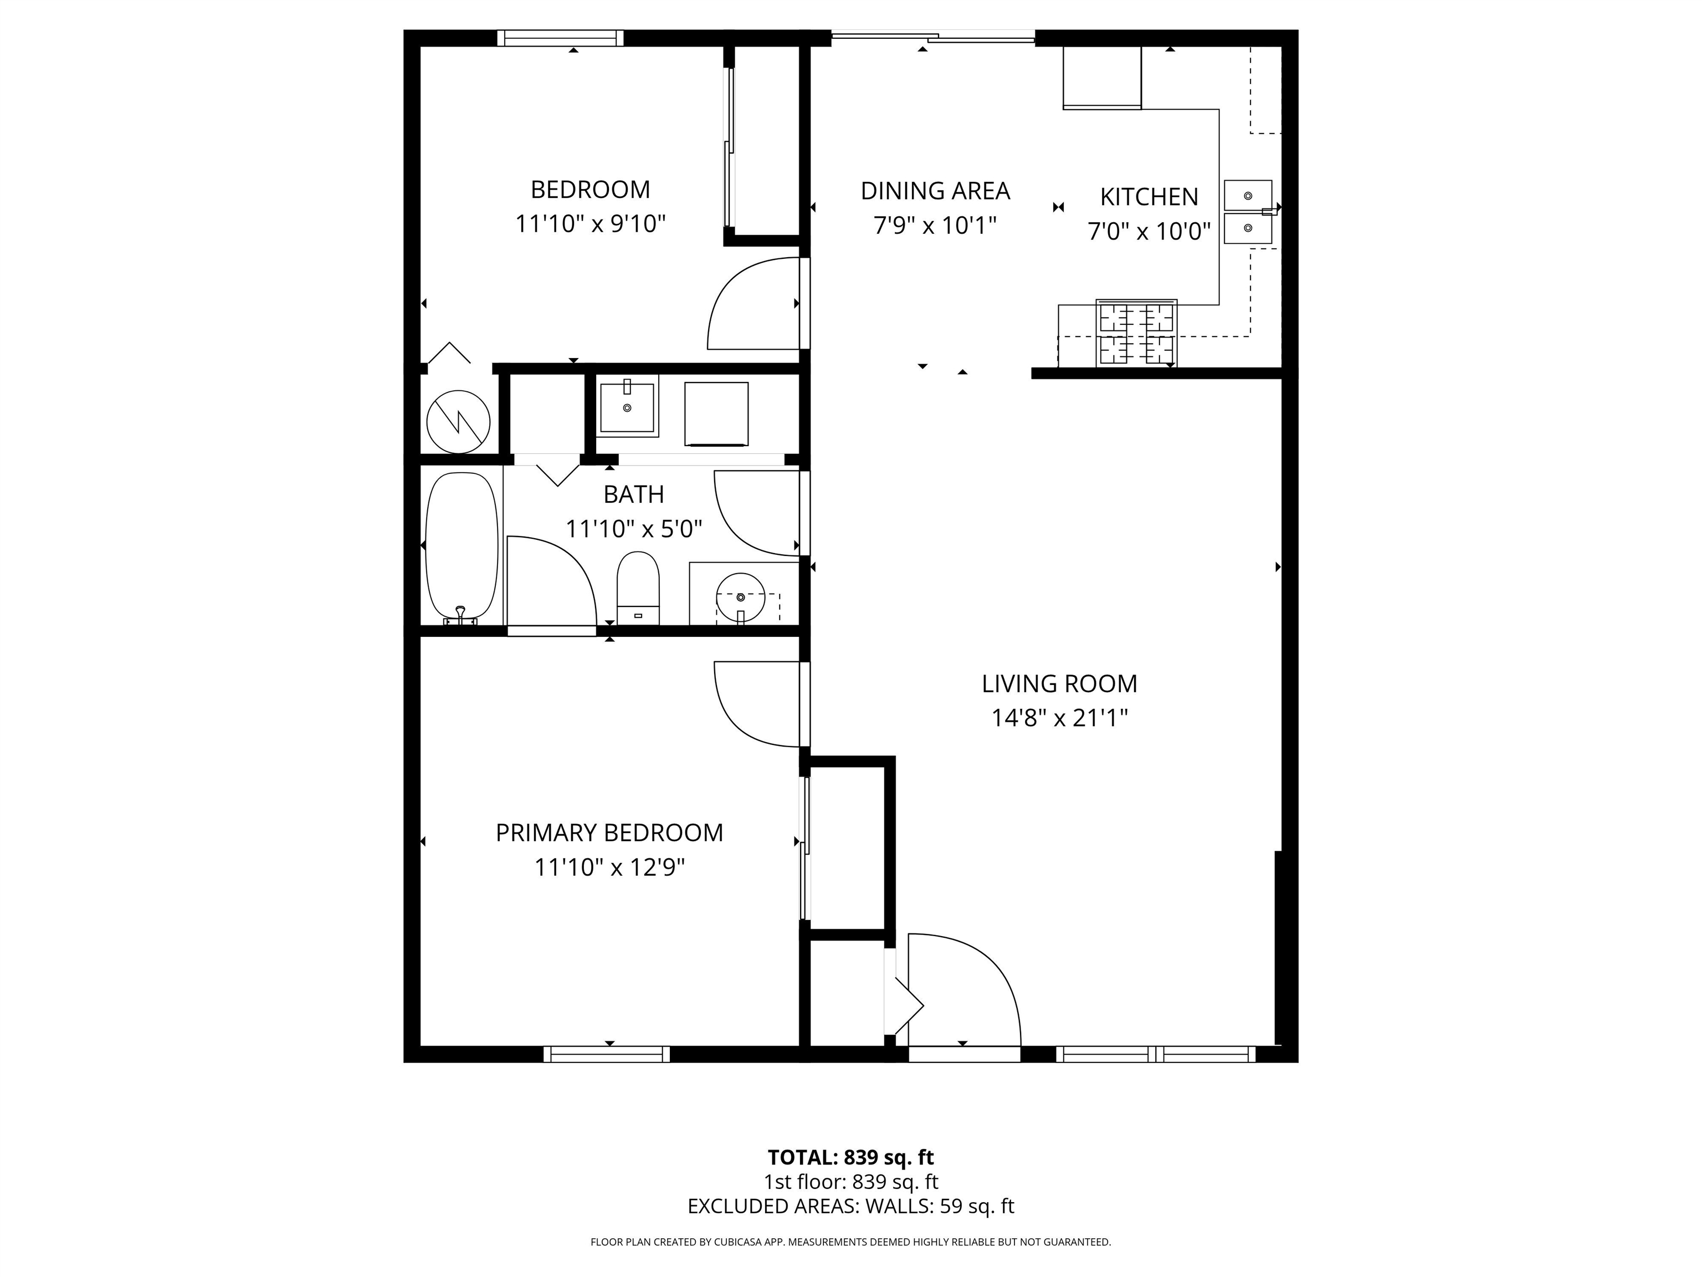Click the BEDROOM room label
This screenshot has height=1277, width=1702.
(x=590, y=190)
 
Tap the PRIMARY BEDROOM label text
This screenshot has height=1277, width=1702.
(x=609, y=833)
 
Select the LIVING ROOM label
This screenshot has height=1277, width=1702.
(x=1059, y=683)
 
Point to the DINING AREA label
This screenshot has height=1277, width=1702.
(x=935, y=191)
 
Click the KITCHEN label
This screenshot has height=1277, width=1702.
(x=1149, y=197)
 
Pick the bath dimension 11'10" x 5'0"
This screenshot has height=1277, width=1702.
(x=634, y=529)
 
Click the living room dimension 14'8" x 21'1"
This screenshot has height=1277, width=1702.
(x=1059, y=718)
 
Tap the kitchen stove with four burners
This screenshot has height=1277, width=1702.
(x=1136, y=333)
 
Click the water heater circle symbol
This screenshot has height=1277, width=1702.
(x=459, y=422)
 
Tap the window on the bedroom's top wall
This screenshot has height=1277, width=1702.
(x=560, y=38)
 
